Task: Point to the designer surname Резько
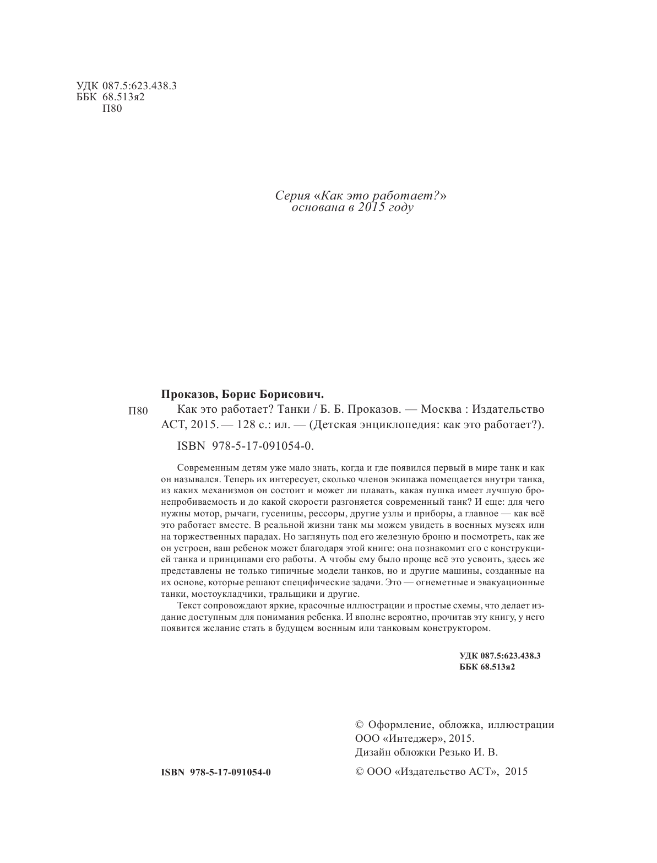(x=459, y=752)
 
